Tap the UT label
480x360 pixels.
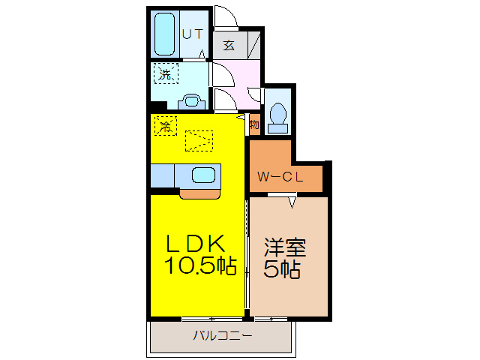[193, 33]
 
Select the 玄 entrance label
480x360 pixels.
[229, 45]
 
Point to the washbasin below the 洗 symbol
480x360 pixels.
[191, 100]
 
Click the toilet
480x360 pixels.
[277, 116]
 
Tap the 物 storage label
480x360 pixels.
[254, 124]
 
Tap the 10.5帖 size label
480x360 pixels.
[199, 265]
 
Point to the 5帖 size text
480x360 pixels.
[282, 270]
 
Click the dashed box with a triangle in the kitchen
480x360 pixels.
[199, 140]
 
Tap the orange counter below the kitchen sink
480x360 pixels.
[199, 193]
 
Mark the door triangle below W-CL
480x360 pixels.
[292, 200]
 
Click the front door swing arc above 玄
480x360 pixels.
[223, 17]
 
